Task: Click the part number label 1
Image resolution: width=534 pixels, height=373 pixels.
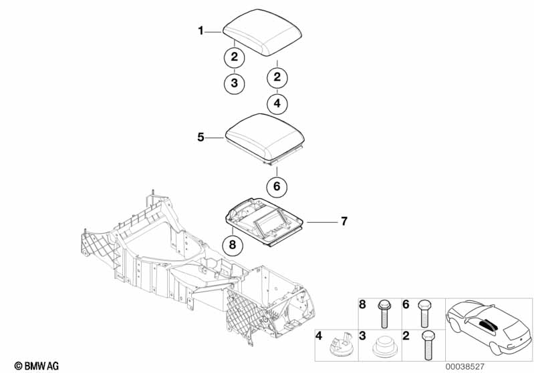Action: pos(200,31)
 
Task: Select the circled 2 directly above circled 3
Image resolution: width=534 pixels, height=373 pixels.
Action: pos(234,57)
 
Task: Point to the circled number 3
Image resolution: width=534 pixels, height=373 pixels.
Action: pos(234,83)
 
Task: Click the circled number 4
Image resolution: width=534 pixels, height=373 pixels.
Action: pos(277,104)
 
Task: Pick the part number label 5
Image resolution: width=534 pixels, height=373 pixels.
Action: pos(200,137)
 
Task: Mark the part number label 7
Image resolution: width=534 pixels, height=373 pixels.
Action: pos(344,220)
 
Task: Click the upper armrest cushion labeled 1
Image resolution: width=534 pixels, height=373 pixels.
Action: pos(263,33)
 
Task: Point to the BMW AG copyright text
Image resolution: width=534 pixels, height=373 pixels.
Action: pos(33,366)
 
